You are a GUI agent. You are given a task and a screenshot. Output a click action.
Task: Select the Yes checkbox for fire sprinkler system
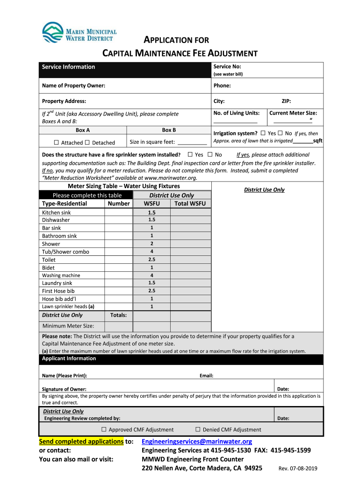coord(190,154)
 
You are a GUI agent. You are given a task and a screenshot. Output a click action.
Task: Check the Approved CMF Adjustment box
coord(104,429)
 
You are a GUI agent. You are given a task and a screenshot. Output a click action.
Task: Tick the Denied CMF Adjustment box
coord(198,429)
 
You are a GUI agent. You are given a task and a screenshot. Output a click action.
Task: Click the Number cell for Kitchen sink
coord(119,212)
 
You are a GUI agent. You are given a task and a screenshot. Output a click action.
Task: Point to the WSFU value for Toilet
coord(151,260)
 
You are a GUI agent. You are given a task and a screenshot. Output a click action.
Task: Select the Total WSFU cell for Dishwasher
coord(191,220)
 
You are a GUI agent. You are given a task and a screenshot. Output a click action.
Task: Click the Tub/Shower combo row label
coord(65,252)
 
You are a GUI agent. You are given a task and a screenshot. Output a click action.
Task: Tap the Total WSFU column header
coord(190,203)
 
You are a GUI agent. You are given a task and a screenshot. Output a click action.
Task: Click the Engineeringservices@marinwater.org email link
coord(197,442)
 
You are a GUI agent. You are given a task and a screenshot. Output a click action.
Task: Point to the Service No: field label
coord(227,67)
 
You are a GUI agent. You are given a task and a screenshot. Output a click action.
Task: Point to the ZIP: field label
coord(286,101)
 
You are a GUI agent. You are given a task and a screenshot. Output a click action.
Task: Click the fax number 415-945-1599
coord(290,450)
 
